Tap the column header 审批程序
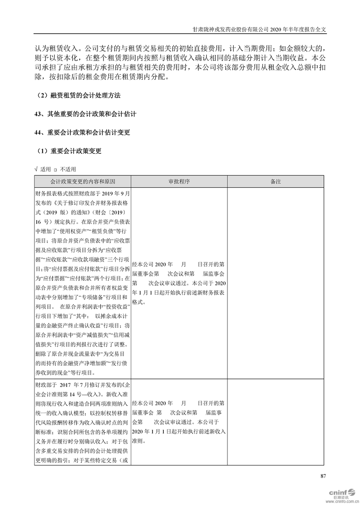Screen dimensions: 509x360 pos(179,181)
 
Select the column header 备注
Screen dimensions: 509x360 pos(276,181)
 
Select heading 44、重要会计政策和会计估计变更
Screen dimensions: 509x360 pos(82,132)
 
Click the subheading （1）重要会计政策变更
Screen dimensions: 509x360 pos(68,151)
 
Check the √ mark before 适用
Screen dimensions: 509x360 pos(36,169)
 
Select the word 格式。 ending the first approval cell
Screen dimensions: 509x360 pos(139,301)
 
